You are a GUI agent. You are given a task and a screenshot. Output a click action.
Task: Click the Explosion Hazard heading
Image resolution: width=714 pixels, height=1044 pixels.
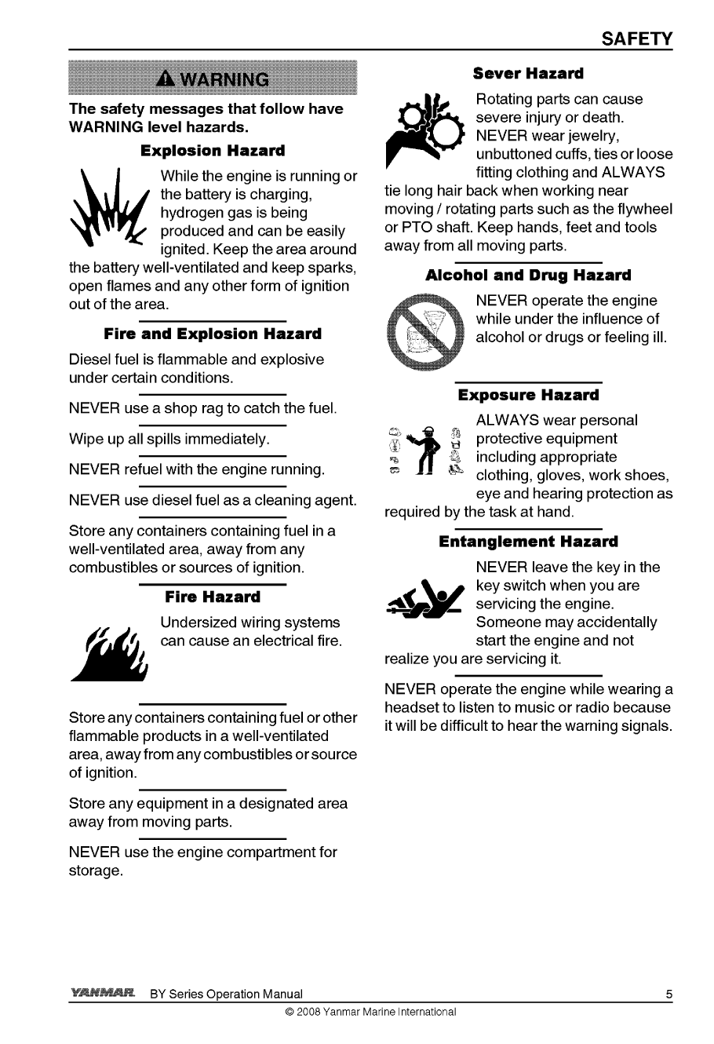[x=213, y=150]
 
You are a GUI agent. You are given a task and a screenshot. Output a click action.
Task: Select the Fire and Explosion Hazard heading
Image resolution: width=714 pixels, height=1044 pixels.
[x=213, y=334]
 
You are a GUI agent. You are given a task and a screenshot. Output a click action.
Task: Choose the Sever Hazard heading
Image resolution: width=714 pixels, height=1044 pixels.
[x=528, y=74]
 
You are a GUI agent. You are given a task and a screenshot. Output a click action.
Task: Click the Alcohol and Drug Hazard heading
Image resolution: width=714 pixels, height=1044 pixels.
[x=528, y=276]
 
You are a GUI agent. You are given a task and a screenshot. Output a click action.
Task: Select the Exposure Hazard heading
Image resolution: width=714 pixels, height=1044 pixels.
[x=528, y=395]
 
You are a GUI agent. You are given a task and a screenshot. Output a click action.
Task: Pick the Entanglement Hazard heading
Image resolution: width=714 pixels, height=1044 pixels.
[x=528, y=542]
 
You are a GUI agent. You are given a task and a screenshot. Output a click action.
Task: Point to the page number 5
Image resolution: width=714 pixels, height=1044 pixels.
[x=669, y=995]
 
